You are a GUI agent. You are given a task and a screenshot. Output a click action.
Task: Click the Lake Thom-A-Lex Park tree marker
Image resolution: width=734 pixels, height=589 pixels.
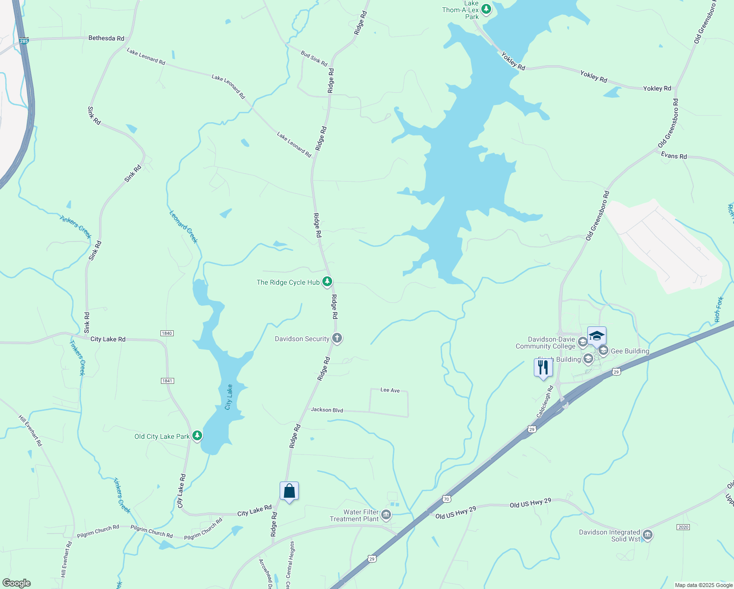click(x=486, y=9)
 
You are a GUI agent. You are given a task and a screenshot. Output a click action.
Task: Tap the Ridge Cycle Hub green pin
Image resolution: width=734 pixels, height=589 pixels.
click(x=327, y=282)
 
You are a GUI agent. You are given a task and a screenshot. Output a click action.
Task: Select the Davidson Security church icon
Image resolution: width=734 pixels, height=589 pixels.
click(x=337, y=338)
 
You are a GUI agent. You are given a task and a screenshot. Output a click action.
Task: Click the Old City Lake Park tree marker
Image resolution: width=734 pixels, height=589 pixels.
click(x=197, y=435)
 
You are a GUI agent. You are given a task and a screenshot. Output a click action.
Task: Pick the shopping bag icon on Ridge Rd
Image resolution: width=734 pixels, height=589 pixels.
click(x=289, y=491)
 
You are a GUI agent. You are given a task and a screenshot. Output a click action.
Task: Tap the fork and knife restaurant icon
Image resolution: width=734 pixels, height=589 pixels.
click(x=543, y=368)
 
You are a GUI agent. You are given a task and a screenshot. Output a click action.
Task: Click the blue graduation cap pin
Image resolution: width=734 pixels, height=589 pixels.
click(x=597, y=336)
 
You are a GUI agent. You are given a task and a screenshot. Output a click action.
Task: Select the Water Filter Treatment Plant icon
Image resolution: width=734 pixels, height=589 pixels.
click(x=386, y=514)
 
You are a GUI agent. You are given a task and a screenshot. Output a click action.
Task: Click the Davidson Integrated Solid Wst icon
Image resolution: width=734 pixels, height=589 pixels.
click(x=647, y=535)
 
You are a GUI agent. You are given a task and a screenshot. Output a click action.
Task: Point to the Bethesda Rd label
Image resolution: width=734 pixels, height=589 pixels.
click(x=106, y=38)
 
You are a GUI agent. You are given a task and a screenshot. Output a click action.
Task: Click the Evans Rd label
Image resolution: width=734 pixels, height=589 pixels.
click(x=674, y=156)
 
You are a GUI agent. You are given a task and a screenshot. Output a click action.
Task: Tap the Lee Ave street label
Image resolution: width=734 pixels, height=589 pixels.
click(x=390, y=390)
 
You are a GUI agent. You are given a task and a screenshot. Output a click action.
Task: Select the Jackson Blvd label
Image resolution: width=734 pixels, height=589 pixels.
click(x=327, y=410)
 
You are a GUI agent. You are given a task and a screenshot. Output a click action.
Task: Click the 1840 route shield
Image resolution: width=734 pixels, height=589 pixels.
click(x=167, y=333)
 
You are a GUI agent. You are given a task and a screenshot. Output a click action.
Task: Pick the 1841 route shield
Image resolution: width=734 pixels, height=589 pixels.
click(x=167, y=381)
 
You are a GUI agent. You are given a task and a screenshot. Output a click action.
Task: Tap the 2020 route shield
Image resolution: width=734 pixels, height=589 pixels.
click(x=683, y=527)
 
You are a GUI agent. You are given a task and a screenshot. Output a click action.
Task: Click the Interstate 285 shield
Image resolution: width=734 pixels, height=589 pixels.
click(x=24, y=41)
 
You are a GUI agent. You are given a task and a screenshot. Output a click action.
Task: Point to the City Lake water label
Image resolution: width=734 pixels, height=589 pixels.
click(x=229, y=397)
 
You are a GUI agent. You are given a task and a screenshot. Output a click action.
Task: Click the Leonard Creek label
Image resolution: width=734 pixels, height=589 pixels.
click(x=183, y=227)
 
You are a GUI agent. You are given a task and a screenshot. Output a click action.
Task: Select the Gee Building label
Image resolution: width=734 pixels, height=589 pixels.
click(x=630, y=351)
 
